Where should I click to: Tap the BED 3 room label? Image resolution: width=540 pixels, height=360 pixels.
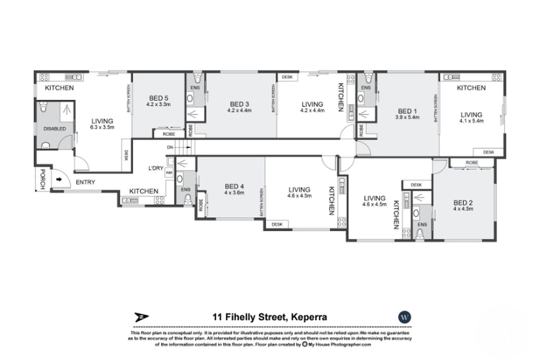[238, 104]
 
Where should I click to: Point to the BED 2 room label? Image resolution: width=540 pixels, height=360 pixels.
[463, 202]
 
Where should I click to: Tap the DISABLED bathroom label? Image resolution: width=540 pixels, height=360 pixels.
[54, 129]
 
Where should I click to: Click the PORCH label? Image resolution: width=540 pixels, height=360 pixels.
[42, 179]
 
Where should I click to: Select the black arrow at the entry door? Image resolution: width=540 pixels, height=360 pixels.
[59, 180]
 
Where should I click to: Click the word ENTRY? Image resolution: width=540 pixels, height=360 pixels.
[85, 182]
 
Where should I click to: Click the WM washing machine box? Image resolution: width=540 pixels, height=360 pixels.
[169, 172]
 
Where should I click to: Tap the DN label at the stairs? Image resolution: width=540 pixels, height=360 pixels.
[170, 147]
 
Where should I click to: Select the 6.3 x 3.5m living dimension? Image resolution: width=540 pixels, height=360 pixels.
[102, 127]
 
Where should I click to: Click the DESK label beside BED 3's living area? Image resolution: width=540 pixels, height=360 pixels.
[287, 77]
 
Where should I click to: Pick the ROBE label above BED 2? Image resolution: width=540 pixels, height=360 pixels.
[472, 162]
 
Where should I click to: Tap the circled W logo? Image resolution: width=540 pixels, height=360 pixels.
[405, 317]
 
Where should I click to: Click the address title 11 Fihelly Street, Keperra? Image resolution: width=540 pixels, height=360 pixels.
[270, 317]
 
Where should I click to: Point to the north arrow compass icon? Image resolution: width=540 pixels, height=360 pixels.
[141, 317]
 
